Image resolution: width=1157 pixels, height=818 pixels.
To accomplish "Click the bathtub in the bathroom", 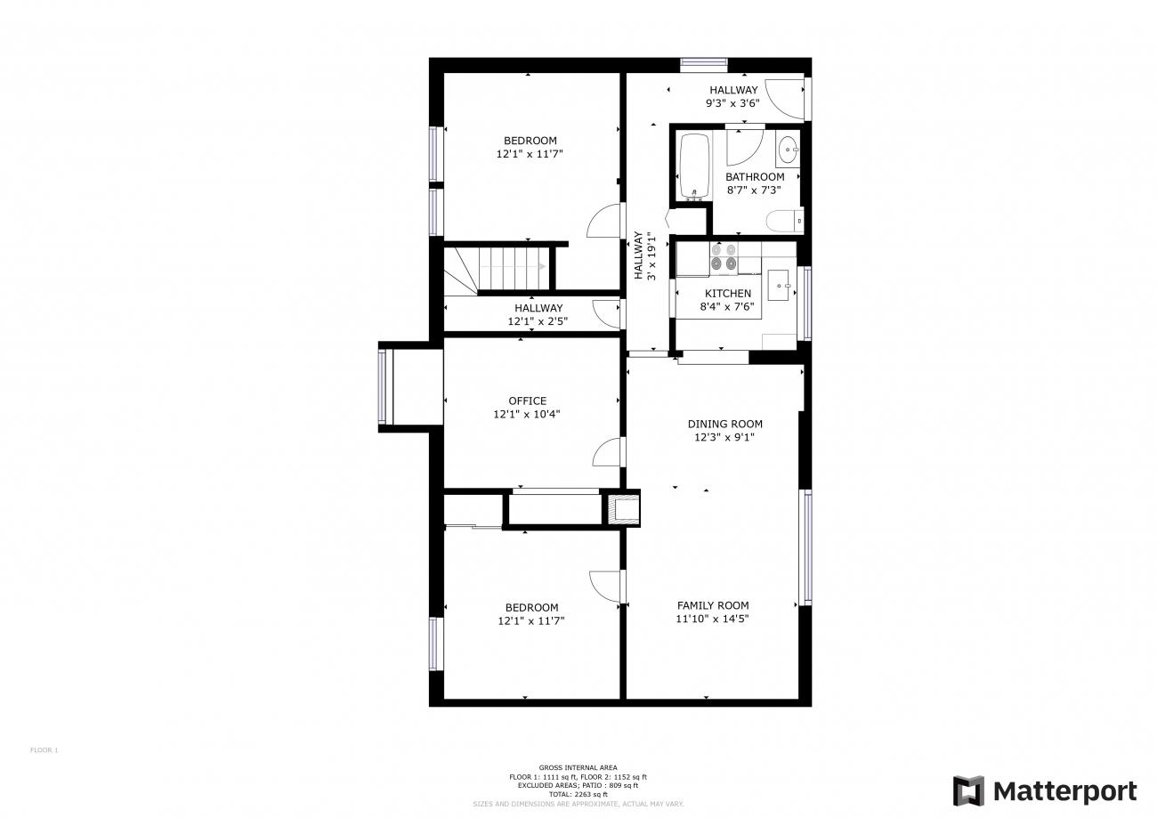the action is (694, 166).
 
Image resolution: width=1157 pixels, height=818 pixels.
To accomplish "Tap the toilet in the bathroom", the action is (785, 221).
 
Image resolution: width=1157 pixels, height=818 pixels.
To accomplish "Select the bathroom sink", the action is (788, 149).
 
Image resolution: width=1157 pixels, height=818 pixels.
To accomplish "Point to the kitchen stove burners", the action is (723, 256).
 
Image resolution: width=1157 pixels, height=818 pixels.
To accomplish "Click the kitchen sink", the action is (779, 285).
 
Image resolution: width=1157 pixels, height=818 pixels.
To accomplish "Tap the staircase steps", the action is (514, 268).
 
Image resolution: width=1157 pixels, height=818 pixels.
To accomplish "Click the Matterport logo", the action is (1045, 790).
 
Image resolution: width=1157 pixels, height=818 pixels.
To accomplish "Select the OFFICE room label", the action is (528, 401).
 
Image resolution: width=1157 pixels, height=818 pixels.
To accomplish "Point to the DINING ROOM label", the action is (724, 424).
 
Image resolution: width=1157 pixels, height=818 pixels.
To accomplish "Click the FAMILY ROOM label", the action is (713, 605).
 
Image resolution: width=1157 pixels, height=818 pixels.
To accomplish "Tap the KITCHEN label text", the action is (728, 294).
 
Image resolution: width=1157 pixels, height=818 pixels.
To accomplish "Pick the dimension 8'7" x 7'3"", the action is (754, 190).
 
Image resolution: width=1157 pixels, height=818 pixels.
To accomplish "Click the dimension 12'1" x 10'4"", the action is (527, 414).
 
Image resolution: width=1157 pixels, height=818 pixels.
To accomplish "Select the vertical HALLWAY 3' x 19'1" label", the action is (644, 256).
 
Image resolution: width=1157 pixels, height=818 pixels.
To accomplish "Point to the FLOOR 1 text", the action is (44, 749).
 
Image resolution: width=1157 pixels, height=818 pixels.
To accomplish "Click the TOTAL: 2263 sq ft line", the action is (578, 794).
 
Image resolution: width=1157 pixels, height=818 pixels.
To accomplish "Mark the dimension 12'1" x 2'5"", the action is (538, 321).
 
